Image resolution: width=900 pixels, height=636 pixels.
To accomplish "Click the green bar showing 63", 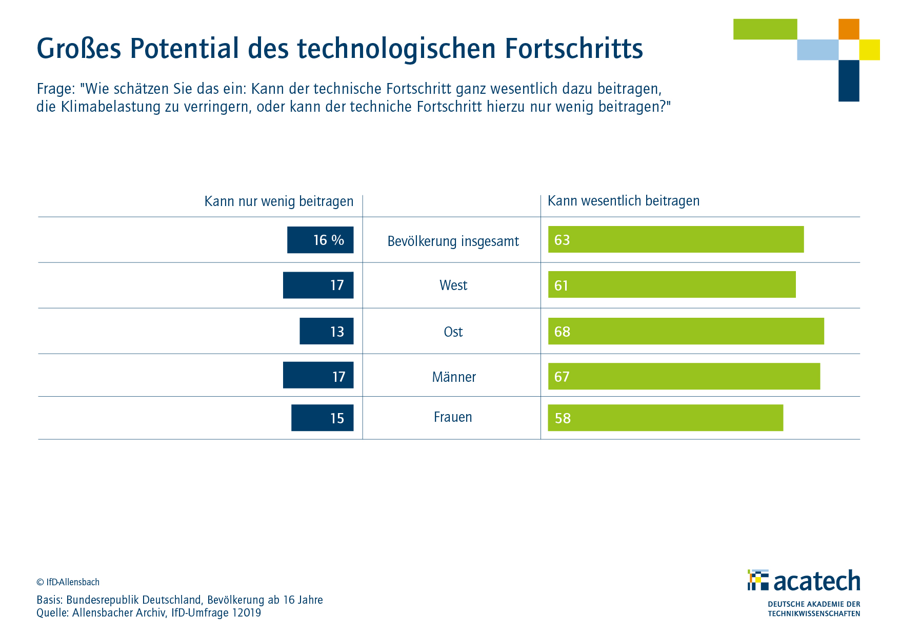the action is (676, 239).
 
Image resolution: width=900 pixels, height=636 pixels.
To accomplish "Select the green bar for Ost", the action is (686, 331).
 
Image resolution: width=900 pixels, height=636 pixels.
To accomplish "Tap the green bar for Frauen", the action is (666, 418).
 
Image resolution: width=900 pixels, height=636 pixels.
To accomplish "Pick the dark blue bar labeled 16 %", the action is (321, 240).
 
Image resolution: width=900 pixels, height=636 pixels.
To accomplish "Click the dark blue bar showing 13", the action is (327, 331).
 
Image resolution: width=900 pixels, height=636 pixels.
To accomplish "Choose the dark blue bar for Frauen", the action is (323, 418).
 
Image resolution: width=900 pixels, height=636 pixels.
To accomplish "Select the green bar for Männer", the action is (684, 376).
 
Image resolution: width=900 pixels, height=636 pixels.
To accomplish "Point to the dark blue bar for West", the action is (318, 285).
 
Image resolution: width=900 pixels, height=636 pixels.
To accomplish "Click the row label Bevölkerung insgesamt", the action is (453, 241).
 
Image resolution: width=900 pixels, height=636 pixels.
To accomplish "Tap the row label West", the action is (453, 285).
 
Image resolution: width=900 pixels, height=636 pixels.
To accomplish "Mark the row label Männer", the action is (454, 377).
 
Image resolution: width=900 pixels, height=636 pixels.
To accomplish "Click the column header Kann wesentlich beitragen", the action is (624, 201).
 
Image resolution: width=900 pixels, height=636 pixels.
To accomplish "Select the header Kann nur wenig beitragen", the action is (279, 201).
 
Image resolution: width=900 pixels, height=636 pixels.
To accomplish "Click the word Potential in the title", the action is (185, 49).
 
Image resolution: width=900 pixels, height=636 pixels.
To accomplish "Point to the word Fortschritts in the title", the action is (574, 49).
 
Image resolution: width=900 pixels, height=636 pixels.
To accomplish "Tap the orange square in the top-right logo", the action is (849, 29).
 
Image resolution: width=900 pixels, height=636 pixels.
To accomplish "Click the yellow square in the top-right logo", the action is (870, 50).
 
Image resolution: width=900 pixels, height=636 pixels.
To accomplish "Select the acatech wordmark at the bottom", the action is (817, 581).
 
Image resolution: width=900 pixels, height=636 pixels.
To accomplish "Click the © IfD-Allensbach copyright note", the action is (68, 582).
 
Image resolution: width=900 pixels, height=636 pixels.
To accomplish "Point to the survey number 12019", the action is (247, 613).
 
